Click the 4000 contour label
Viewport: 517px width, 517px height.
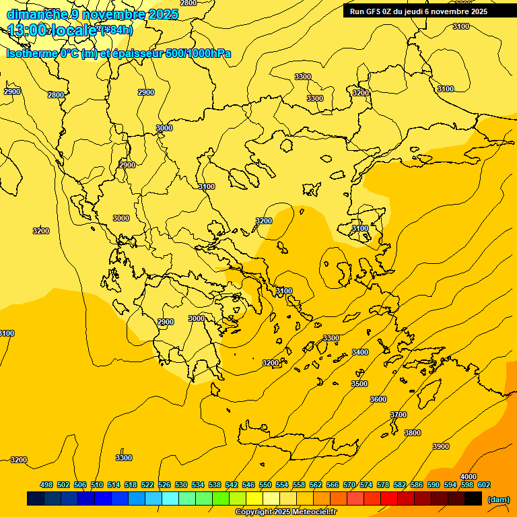point(468,477)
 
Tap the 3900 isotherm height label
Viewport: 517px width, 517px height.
point(440,446)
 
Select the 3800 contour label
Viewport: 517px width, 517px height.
point(412,433)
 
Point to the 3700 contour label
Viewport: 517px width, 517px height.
point(399,415)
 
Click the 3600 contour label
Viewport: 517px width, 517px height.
point(378,399)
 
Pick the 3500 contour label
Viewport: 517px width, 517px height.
point(359,384)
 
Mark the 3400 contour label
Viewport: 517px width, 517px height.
point(360,352)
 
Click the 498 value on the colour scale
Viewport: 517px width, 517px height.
point(46,485)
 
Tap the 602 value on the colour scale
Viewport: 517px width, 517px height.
point(483,485)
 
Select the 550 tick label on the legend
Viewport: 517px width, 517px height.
point(265,485)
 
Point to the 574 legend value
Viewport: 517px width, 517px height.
point(366,485)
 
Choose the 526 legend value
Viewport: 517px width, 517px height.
point(164,485)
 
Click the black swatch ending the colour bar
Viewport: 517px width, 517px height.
point(473,498)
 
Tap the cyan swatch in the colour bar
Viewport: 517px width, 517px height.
point(170,498)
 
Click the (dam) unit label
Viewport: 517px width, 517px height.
point(498,499)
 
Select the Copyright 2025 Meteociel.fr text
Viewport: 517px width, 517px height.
point(286,512)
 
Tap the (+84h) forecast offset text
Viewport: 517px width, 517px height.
point(116,30)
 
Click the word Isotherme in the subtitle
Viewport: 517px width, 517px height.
point(31,53)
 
